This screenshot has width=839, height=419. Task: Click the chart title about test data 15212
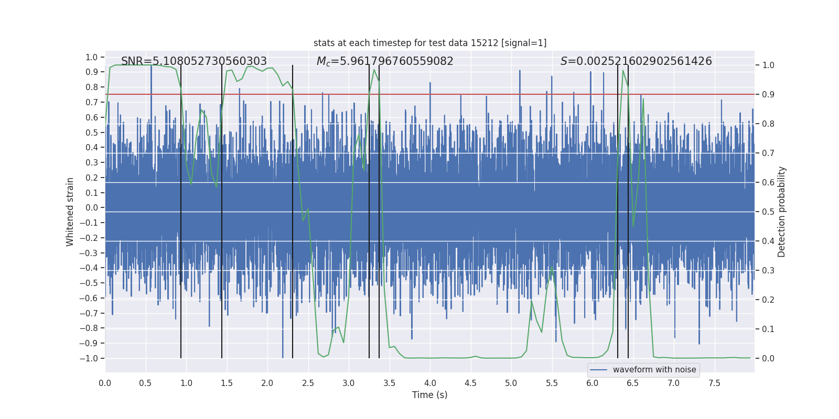click(x=430, y=43)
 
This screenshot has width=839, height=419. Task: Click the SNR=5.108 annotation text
click(x=194, y=61)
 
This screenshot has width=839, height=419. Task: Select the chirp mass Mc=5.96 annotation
click(x=385, y=61)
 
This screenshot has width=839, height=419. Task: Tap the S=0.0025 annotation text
click(x=636, y=61)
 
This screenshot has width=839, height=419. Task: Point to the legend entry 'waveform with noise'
click(x=654, y=370)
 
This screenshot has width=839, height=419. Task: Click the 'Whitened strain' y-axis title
click(x=70, y=212)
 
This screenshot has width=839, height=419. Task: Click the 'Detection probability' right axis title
click(x=782, y=212)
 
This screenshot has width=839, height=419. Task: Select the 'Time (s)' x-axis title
click(x=429, y=395)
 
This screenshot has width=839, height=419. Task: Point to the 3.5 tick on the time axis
click(x=389, y=383)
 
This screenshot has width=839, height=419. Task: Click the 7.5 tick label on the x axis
click(x=714, y=383)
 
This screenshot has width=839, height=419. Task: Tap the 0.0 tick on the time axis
click(x=105, y=383)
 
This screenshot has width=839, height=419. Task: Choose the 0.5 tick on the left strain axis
click(x=92, y=133)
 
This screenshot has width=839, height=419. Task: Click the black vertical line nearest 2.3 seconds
click(x=293, y=210)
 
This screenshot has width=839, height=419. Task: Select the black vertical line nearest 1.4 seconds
click(x=222, y=210)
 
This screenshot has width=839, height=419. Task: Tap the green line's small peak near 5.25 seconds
click(x=531, y=301)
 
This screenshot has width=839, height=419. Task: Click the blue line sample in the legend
click(x=598, y=370)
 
